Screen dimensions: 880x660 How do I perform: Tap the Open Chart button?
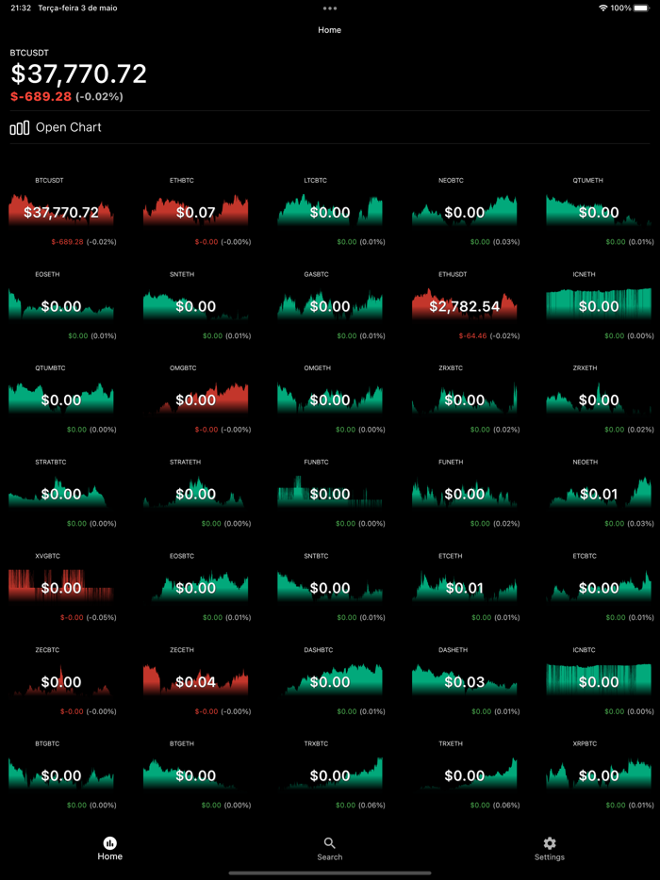click(57, 127)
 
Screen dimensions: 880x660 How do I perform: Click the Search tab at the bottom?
click(329, 848)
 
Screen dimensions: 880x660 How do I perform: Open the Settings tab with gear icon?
click(550, 848)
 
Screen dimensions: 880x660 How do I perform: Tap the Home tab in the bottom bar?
click(110, 848)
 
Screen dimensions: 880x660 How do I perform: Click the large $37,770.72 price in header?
click(79, 74)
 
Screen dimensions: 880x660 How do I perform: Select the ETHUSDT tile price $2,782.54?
click(464, 306)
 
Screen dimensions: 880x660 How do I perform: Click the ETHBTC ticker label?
click(182, 180)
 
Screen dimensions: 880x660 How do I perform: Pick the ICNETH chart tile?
click(599, 303)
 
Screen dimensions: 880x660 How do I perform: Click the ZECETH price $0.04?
click(195, 682)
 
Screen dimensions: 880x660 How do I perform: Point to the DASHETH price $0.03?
click(464, 682)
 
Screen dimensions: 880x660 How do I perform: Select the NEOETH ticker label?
click(585, 463)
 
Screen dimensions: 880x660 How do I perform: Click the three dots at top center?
click(329, 8)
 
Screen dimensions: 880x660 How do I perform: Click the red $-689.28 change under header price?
click(41, 96)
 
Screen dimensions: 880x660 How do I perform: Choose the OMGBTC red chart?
click(195, 398)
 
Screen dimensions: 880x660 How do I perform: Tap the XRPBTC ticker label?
click(585, 744)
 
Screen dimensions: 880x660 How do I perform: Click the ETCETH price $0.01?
click(464, 589)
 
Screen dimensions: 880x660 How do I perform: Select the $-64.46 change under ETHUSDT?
click(473, 335)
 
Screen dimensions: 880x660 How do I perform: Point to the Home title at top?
click(329, 30)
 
